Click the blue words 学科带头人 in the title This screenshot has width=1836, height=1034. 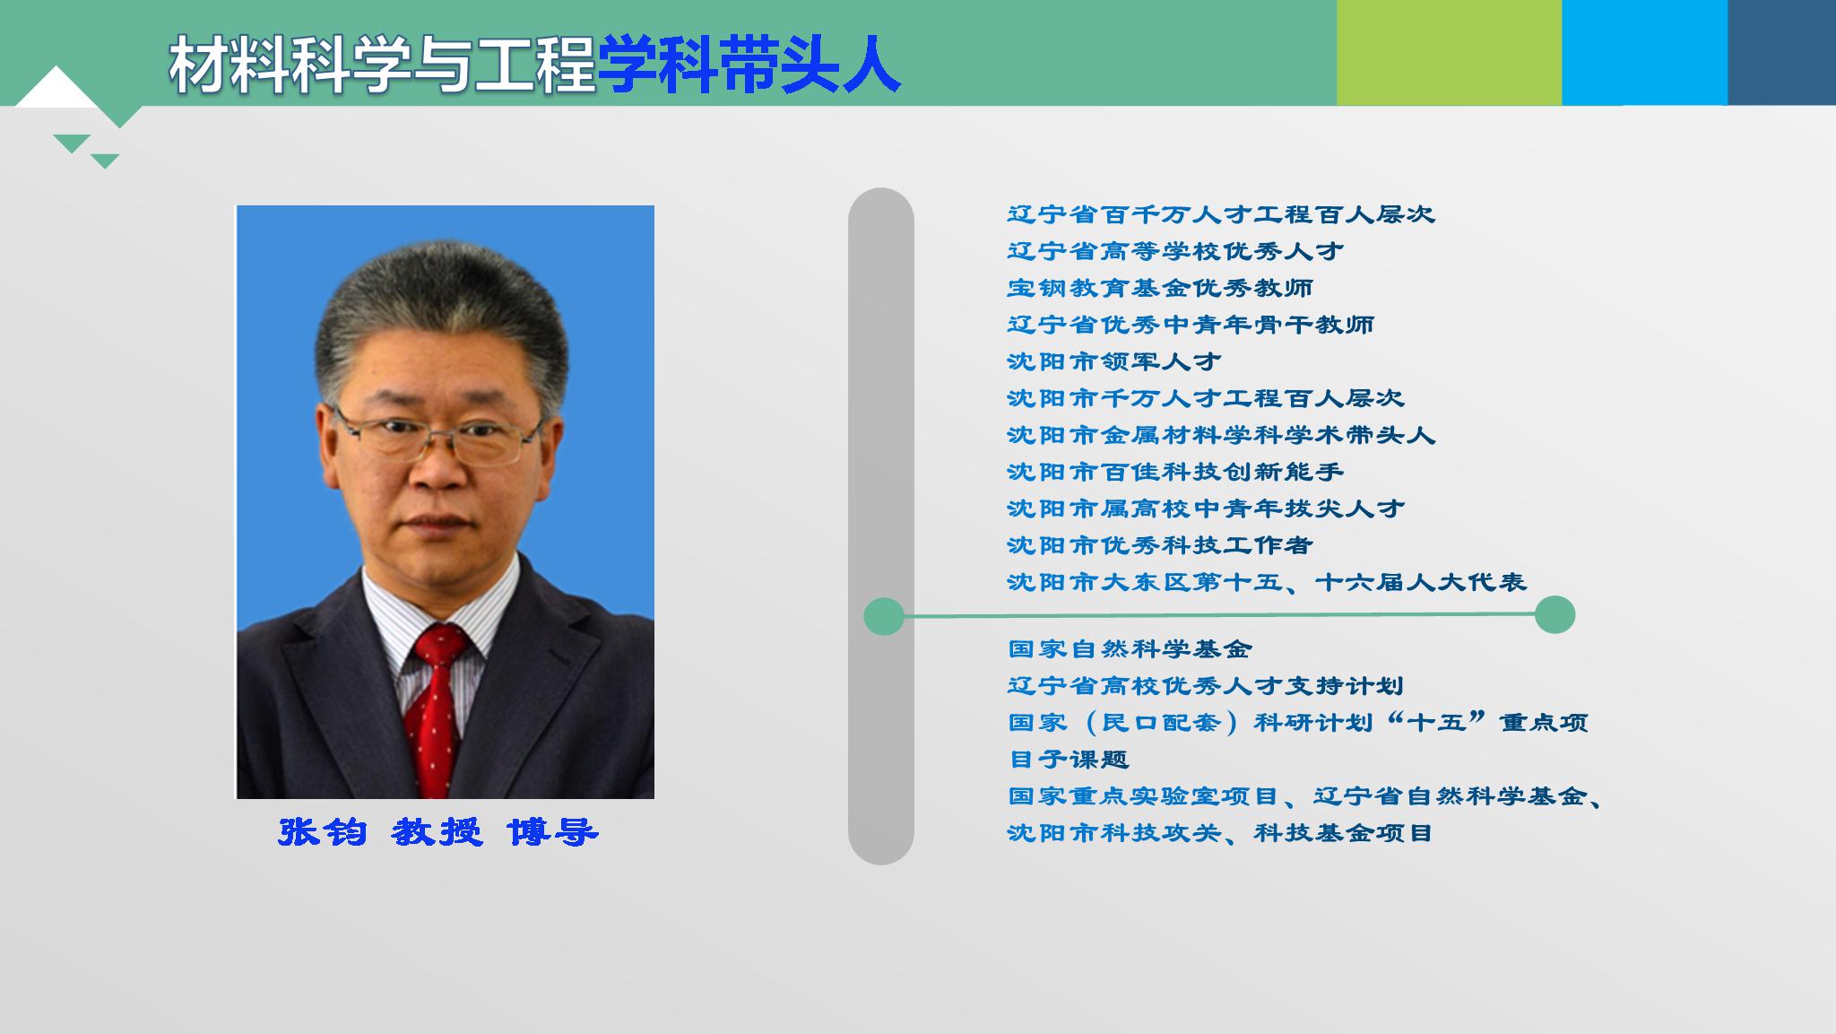pyautogui.click(x=749, y=65)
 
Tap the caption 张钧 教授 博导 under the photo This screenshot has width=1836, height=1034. pyautogui.click(x=438, y=832)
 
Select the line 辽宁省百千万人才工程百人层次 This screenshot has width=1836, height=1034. pyautogui.click(x=1221, y=214)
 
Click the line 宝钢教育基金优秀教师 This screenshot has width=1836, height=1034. pyautogui.click(x=1160, y=288)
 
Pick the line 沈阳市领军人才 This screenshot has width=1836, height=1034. pyautogui.click(x=1114, y=361)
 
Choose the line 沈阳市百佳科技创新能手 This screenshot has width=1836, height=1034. pyautogui.click(x=1175, y=472)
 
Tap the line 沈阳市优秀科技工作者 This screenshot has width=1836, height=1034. pyautogui.click(x=1160, y=545)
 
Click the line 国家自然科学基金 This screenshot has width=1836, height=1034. pyautogui.click(x=1130, y=648)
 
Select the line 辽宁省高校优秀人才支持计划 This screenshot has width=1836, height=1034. pyautogui.click(x=1206, y=686)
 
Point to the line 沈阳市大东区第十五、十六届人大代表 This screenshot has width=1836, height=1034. pyautogui.click(x=1267, y=582)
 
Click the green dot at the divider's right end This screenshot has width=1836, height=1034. pyautogui.click(x=1555, y=614)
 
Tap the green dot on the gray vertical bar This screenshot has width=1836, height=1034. pyautogui.click(x=884, y=616)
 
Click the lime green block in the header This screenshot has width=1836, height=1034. pyautogui.click(x=1449, y=52)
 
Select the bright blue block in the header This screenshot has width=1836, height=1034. pyautogui.click(x=1644, y=52)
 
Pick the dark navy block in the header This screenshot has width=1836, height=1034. pyautogui.click(x=1781, y=52)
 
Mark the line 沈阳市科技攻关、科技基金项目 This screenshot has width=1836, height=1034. pyautogui.click(x=1220, y=833)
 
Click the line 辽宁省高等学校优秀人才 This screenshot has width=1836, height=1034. pyautogui.click(x=1175, y=251)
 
